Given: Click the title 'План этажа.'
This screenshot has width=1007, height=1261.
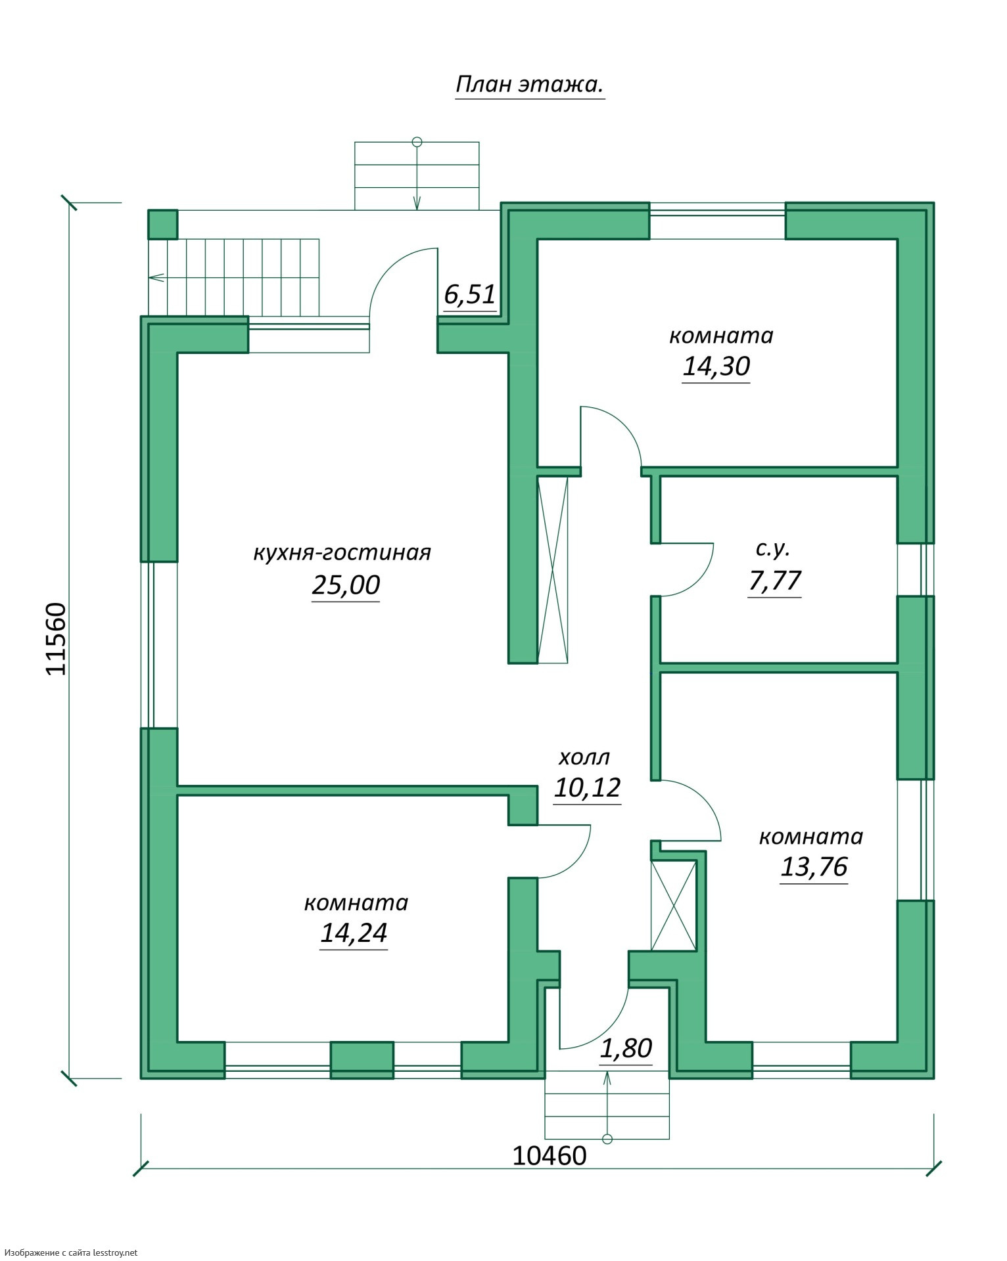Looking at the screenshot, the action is [x=530, y=85].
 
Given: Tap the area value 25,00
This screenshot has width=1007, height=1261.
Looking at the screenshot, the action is [x=346, y=585].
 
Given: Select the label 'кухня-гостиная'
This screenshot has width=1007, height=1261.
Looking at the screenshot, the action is [x=342, y=552].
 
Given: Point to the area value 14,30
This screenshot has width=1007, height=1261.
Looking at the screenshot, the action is [x=716, y=366].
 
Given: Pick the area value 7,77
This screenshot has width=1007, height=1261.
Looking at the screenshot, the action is [x=775, y=581].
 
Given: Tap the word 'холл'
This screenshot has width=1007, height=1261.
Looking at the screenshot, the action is [x=584, y=758].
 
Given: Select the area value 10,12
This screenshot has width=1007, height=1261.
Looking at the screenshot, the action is [x=588, y=787].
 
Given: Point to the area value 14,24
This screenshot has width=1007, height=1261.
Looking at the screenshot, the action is [x=354, y=933].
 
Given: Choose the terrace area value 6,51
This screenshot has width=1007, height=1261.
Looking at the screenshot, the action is [x=469, y=294].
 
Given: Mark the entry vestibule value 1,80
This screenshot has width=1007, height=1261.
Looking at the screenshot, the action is [x=626, y=1048].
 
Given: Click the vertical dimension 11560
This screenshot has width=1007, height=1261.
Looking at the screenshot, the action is [x=57, y=638].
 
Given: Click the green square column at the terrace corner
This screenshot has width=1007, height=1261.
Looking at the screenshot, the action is [x=162, y=224].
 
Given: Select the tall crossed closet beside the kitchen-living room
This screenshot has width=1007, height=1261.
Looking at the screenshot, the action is [x=553, y=569].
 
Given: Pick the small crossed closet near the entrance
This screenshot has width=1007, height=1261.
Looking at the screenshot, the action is [x=673, y=905].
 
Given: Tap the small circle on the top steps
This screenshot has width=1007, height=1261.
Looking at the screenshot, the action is [x=416, y=141].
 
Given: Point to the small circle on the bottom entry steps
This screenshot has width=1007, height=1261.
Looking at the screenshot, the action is [x=607, y=1138].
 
